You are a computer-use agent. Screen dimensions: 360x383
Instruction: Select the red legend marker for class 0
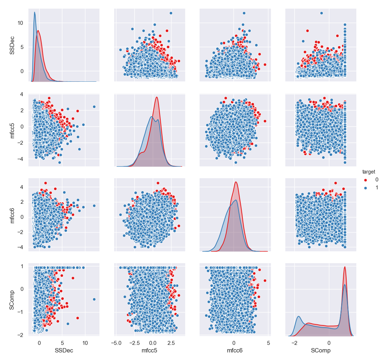(366, 180)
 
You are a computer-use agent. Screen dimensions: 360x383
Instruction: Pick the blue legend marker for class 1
(366, 187)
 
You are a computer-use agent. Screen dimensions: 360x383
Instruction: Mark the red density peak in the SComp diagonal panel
(345, 267)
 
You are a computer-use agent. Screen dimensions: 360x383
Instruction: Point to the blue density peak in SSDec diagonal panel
(35, 12)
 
